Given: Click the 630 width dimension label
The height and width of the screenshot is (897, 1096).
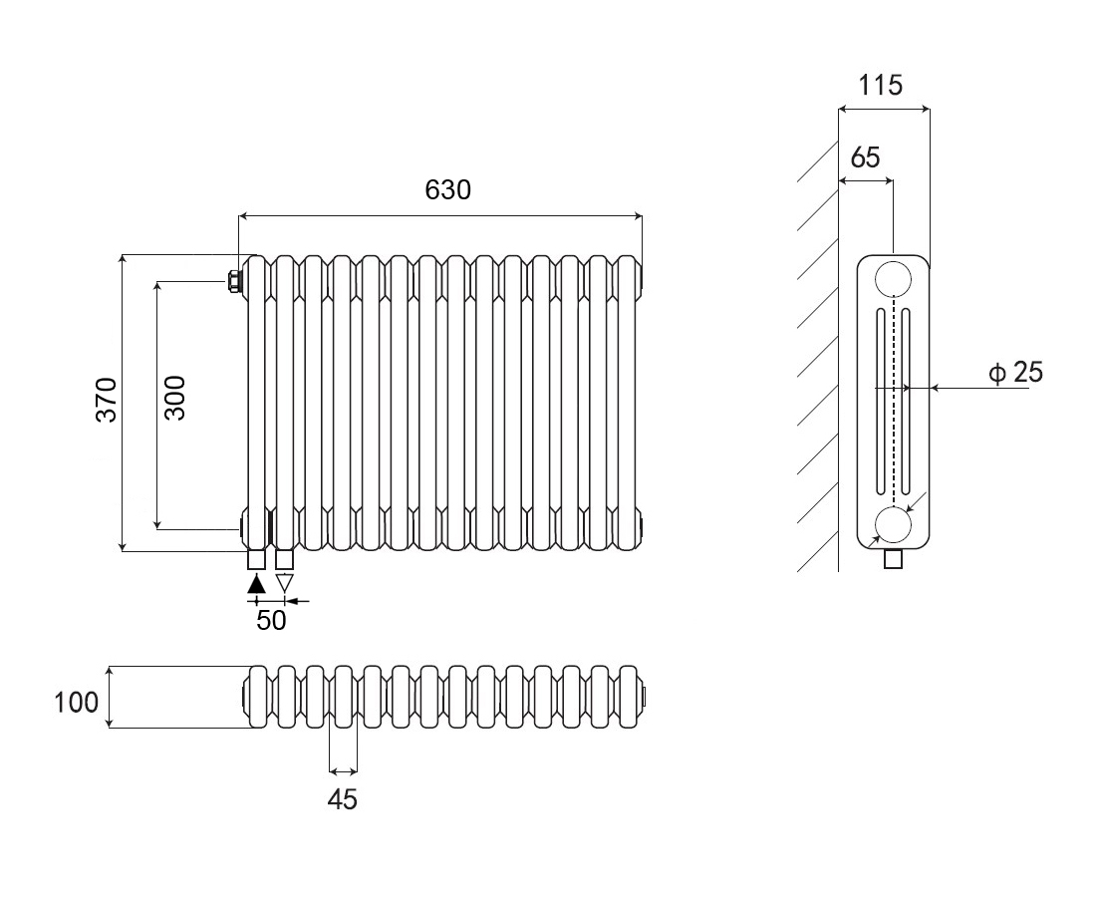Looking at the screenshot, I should pos(447,189).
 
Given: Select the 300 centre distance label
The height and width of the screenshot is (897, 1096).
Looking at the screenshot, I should pos(174,397).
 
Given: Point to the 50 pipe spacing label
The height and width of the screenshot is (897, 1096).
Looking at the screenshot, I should pos(271,620).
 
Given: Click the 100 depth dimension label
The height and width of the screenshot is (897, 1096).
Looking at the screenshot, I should pos(77,702).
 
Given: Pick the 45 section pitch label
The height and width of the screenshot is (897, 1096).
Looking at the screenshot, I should pos(342,798).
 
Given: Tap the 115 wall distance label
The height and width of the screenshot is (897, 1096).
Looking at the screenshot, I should pos(881,86).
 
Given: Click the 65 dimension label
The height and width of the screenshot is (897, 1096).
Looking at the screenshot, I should pos(866,157).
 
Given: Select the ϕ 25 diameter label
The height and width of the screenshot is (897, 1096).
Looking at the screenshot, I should pos(1015,373).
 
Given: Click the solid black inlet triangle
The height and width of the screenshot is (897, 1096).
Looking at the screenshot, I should pos(256,584).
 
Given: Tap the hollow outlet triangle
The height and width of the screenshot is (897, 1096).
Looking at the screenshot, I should pos(285,584).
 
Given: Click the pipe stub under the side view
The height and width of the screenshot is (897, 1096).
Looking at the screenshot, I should pos(894,558).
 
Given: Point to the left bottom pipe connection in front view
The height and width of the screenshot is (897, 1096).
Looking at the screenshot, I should pos(256,559).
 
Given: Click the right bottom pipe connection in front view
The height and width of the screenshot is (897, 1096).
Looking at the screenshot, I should pos(285,559).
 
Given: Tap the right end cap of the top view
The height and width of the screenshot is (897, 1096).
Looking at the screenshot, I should pos(646,695).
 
